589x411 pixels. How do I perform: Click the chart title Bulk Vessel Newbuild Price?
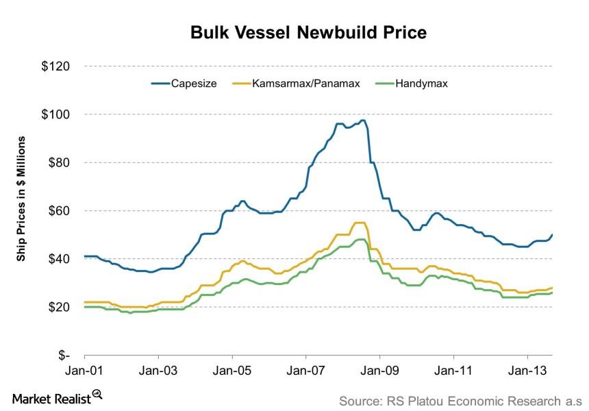pyautogui.click(x=294, y=32)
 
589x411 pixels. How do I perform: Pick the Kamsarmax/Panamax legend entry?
pyautogui.click(x=302, y=84)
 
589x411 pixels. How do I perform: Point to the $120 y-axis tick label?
pyautogui.click(x=57, y=66)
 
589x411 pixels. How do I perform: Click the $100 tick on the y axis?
pyautogui.click(x=57, y=114)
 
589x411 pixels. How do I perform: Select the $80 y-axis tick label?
pyautogui.click(x=60, y=163)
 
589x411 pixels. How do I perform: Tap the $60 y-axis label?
pyautogui.click(x=60, y=211)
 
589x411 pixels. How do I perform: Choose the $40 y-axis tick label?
pyautogui.click(x=60, y=259)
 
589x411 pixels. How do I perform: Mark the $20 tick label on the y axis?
pyautogui.click(x=60, y=307)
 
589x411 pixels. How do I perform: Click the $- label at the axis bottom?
pyautogui.click(x=64, y=356)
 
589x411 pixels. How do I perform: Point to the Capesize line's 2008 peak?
pyautogui.click(x=363, y=121)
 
